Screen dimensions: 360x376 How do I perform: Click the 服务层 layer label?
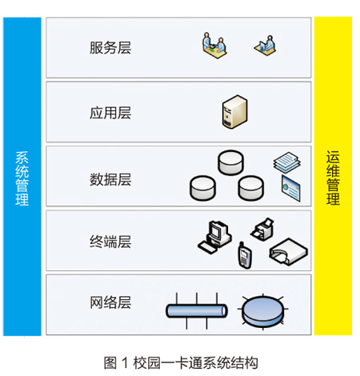(x=110, y=48)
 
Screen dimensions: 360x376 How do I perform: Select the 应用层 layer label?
(x=110, y=113)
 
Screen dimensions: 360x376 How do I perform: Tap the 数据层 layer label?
(x=110, y=179)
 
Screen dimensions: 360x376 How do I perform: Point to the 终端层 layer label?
(x=110, y=242)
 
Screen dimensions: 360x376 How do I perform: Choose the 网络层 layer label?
(x=110, y=302)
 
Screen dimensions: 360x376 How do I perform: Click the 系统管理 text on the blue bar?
(x=22, y=178)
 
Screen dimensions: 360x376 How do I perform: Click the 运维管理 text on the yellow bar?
(x=333, y=178)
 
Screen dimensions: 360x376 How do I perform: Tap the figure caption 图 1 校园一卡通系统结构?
(x=181, y=362)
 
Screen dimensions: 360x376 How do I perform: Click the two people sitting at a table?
(x=214, y=46)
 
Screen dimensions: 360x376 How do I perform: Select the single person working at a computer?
(x=266, y=46)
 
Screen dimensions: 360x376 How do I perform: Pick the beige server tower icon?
(x=234, y=112)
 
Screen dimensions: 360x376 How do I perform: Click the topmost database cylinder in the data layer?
(x=230, y=162)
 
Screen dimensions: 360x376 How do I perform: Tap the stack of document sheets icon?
(x=287, y=162)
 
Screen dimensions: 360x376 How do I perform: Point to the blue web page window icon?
(x=291, y=188)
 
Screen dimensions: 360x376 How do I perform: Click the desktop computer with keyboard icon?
(x=214, y=237)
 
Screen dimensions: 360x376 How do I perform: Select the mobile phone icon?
(x=244, y=255)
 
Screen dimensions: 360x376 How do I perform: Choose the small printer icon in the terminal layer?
(x=262, y=230)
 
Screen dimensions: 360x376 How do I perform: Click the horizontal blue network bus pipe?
(x=197, y=311)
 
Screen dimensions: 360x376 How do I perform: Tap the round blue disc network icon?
(x=262, y=311)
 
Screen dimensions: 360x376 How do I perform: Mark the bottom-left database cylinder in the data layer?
(x=202, y=188)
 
